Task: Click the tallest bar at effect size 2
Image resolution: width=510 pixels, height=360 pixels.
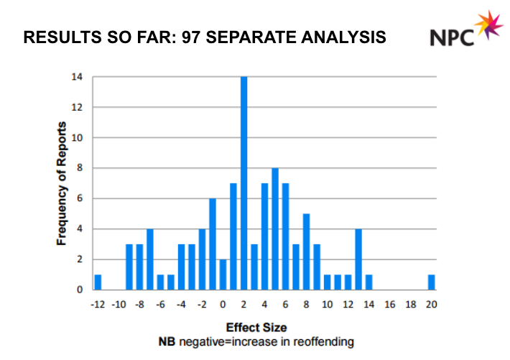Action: coord(244,183)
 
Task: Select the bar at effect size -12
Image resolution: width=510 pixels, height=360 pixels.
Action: coord(98,282)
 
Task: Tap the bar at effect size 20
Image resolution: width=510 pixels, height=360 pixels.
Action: coord(431,282)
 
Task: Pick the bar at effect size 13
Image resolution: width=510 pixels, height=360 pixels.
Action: coord(358,259)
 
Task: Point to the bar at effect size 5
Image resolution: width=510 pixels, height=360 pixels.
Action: coord(275,229)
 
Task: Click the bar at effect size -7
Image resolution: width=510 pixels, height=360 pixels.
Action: coord(150,259)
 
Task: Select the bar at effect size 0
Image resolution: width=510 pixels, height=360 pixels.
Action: coord(223,274)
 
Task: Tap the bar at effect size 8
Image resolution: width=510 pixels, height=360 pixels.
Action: coord(306,251)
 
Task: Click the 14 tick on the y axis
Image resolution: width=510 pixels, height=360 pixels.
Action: coord(77,77)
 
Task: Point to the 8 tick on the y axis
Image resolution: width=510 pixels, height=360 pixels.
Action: coord(78,168)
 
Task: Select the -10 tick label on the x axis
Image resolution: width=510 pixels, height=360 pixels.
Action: coord(119,304)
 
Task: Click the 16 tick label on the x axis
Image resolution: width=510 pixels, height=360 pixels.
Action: coord(389,304)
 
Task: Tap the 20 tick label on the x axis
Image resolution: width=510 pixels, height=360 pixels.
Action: coord(431,304)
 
